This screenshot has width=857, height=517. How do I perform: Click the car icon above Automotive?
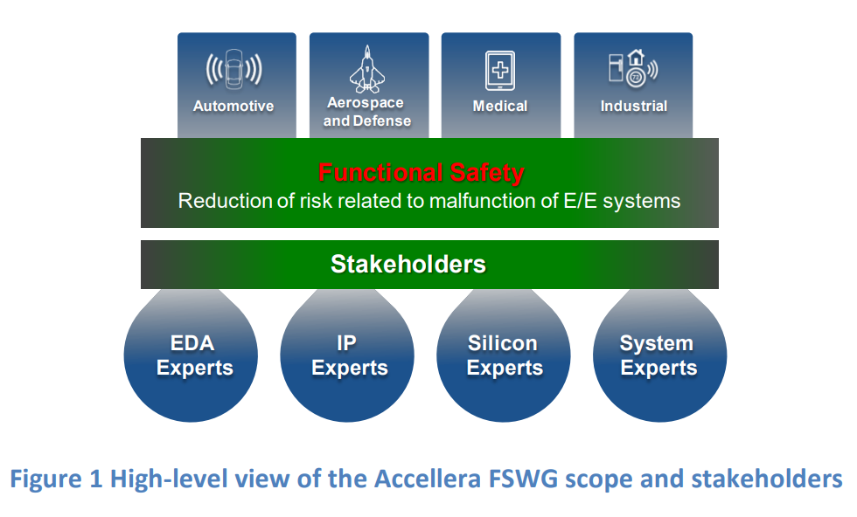(234, 69)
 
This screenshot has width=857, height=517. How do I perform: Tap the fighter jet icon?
(367, 69)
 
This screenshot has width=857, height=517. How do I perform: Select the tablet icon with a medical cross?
(500, 71)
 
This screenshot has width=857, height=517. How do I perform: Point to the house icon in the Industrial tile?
(636, 58)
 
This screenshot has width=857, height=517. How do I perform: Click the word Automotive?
(233, 106)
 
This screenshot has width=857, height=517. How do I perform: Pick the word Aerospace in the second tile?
(366, 103)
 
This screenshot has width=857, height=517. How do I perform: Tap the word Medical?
(500, 106)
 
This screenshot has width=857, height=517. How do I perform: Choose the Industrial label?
(633, 106)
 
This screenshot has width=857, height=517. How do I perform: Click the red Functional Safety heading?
(422, 173)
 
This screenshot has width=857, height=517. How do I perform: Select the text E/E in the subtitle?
(580, 201)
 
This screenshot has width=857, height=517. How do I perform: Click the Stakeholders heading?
(408, 265)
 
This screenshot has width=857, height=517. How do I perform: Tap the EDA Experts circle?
(191, 355)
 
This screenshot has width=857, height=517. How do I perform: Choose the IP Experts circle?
(347, 355)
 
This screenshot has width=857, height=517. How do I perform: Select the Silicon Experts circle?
(504, 355)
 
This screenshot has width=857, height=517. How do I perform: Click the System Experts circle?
(659, 355)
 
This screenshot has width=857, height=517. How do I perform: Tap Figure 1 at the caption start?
(56, 479)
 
